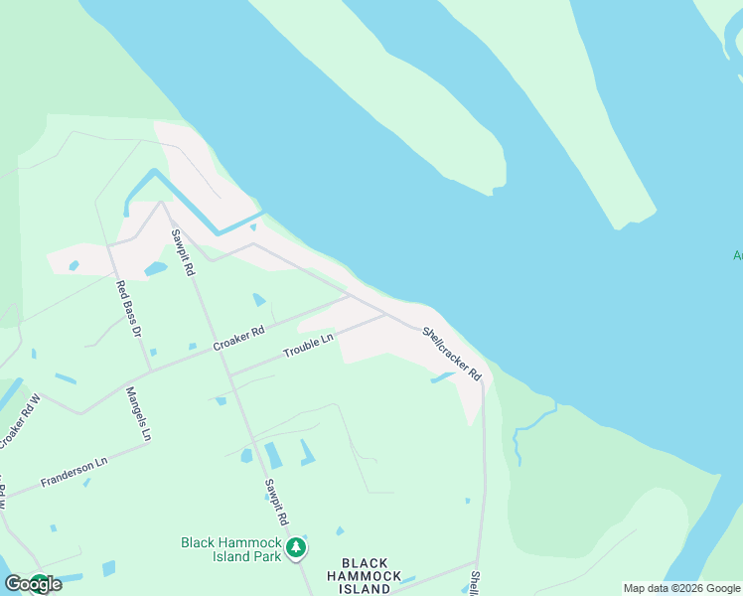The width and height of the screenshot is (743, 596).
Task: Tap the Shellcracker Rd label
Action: (x=452, y=355)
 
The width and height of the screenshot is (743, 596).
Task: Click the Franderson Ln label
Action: (x=74, y=472)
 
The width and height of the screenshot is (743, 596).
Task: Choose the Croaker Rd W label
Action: (x=19, y=421)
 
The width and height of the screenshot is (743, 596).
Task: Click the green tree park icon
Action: (x=295, y=547)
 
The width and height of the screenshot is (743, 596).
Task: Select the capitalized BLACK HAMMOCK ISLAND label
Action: (x=365, y=576)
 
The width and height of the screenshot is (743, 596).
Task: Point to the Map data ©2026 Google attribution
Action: (x=681, y=588)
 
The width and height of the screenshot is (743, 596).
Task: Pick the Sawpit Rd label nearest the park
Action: (x=276, y=503)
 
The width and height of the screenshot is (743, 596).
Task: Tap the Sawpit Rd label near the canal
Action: (x=181, y=252)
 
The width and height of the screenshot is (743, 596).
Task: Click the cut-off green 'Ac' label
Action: (x=737, y=255)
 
